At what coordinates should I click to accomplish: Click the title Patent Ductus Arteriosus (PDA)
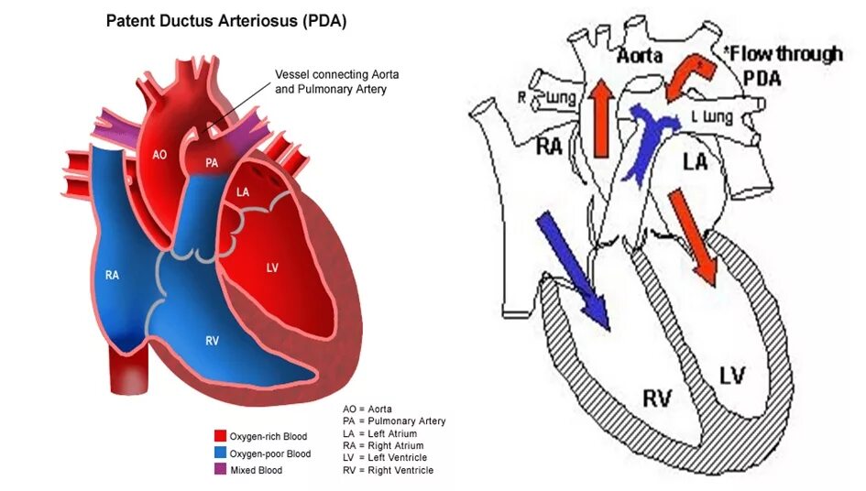pyautogui.click(x=226, y=20)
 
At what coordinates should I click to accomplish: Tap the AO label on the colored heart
pyautogui.click(x=159, y=155)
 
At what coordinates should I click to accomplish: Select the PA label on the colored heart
pyautogui.click(x=212, y=163)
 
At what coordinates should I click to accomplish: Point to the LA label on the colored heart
pyautogui.click(x=243, y=192)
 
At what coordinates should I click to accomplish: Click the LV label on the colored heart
pyautogui.click(x=272, y=267)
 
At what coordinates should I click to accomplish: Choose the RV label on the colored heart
pyautogui.click(x=212, y=341)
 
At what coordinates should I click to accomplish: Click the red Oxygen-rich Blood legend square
pyautogui.click(x=220, y=436)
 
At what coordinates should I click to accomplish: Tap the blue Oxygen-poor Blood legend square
pyautogui.click(x=220, y=453)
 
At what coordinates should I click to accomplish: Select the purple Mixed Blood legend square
pyautogui.click(x=220, y=470)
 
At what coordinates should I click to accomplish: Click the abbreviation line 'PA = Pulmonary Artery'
pyautogui.click(x=394, y=421)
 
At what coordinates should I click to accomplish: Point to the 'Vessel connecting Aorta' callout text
pyautogui.click(x=332, y=74)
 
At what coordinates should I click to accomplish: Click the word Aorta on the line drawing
pyautogui.click(x=640, y=55)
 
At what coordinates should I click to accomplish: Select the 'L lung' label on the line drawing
pyautogui.click(x=710, y=117)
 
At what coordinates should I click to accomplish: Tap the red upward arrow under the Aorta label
pyautogui.click(x=600, y=116)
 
